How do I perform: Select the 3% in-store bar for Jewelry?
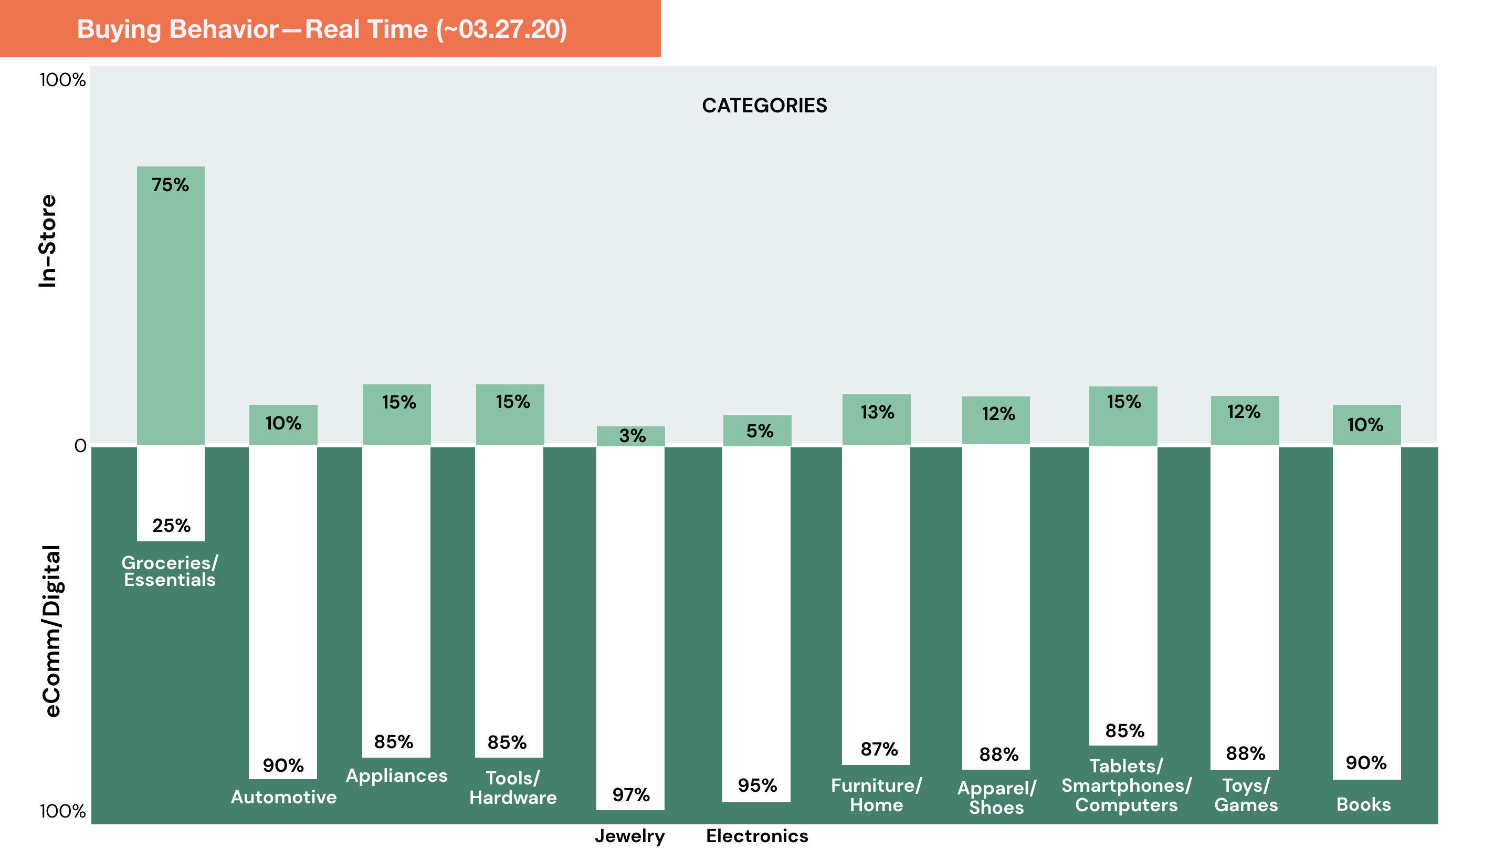pos(630,436)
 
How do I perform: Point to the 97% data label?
pos(631,795)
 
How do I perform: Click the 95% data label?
pos(757,785)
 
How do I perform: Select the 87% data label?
pos(879,749)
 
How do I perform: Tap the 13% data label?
pos(877,413)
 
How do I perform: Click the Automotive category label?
pos(283,797)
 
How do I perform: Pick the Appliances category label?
pos(397,775)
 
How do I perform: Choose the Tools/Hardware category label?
pos(513,788)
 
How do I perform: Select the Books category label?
pos(1364,804)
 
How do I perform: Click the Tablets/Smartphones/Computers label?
pos(1127,785)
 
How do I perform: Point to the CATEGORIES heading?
pos(764,106)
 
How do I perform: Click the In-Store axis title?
pos(48,241)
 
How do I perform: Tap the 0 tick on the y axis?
pos(80,446)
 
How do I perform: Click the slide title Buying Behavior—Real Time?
pos(322,29)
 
